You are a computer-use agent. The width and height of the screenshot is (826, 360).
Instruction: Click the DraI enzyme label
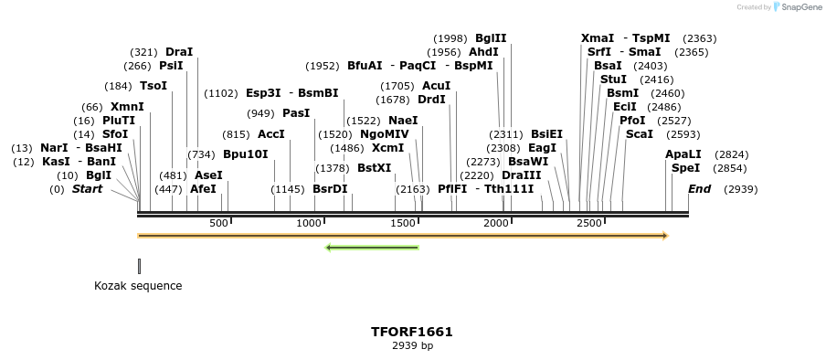pos(179,52)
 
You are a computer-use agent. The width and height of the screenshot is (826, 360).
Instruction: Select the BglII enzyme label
pos(491,38)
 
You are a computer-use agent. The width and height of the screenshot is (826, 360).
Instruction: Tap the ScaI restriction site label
pos(640,134)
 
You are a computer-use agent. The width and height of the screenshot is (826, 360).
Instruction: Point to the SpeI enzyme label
pos(685,168)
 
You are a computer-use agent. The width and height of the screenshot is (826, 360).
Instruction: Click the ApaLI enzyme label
pos(683,154)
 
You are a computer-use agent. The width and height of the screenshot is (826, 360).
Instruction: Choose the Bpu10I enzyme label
pos(246,154)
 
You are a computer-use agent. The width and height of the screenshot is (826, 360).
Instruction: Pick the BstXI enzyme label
pos(374,168)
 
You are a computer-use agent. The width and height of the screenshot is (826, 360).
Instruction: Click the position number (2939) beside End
pos(740,189)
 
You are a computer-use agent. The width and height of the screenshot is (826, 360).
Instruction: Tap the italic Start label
pos(87,189)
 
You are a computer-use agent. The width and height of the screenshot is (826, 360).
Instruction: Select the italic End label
pos(699,189)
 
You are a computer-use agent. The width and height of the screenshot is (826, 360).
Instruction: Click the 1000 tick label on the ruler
pos(310,224)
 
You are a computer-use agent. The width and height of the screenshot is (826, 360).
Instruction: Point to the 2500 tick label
pos(589,224)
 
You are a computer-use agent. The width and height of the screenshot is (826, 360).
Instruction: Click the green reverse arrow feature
pos(372,247)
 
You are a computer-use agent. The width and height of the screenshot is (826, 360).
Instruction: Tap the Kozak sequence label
pos(138,286)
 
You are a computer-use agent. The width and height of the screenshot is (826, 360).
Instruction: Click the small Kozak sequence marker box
pos(139,266)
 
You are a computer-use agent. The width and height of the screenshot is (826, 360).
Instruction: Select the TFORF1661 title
pos(412,332)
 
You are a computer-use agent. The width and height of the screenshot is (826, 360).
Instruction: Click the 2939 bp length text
pos(412,346)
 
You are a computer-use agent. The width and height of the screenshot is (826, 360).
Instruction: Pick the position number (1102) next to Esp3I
pos(221,93)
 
